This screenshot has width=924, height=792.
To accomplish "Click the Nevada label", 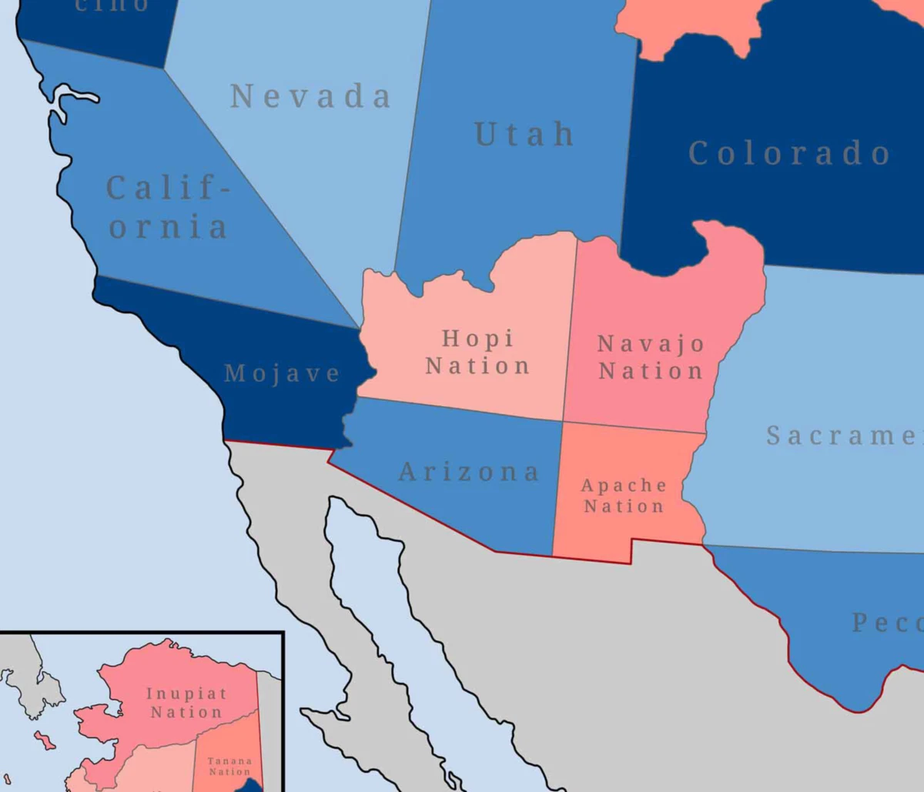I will [x=310, y=97].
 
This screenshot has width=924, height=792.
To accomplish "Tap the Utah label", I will [x=524, y=135].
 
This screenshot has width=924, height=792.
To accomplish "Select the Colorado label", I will [x=788, y=153].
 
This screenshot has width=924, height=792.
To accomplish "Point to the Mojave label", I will [x=282, y=374].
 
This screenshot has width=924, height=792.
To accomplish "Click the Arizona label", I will [x=468, y=472].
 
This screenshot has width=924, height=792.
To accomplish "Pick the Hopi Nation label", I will [x=477, y=352].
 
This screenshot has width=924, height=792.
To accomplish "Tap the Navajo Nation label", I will [x=651, y=357].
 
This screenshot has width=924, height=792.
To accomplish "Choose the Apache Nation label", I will [x=624, y=496].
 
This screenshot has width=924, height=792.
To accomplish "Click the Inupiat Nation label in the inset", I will [x=186, y=703].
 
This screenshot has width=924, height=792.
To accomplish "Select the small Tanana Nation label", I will [x=229, y=766].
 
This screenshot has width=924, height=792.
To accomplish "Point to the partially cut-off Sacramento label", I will [x=843, y=436].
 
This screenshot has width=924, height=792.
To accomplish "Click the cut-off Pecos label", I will [x=885, y=623].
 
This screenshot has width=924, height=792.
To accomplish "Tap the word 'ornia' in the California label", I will [x=168, y=228].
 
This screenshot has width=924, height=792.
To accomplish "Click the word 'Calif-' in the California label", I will [x=167, y=189].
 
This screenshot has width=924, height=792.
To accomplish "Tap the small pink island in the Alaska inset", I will [x=45, y=740].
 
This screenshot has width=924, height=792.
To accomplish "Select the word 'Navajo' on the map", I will [x=651, y=343].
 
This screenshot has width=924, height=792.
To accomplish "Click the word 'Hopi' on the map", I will [x=477, y=338].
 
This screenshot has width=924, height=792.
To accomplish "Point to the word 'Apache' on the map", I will [x=624, y=486].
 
